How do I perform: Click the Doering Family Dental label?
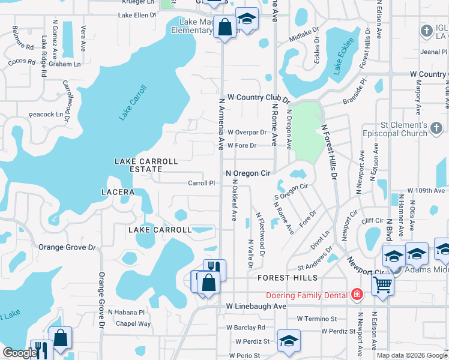[307, 295]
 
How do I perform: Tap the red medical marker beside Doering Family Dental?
[357, 294]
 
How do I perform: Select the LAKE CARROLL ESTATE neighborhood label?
[146, 166]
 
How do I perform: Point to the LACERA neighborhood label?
[118, 191]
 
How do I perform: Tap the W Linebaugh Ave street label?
[256, 306]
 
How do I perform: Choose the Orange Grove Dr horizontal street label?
[67, 247]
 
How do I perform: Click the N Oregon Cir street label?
[249, 173]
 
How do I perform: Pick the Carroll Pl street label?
[202, 183]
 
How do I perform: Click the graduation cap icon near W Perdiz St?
[289, 340]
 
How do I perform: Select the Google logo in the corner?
[19, 353]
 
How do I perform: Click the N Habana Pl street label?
[126, 312]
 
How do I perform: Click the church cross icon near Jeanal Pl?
[427, 30]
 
